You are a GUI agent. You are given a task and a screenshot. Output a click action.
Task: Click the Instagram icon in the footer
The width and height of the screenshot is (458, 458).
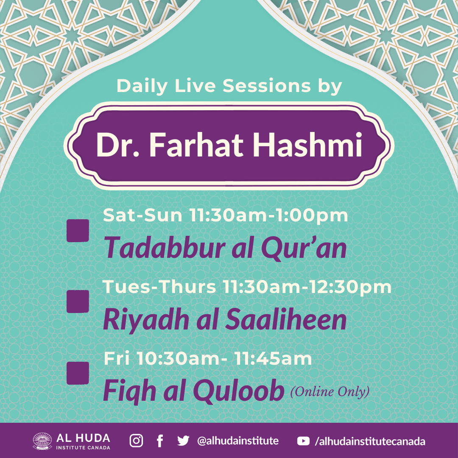point(136,441)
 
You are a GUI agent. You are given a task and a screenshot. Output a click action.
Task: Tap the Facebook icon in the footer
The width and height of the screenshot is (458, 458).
point(160,441)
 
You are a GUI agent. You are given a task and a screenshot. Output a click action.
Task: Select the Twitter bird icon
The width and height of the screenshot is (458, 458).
point(183,441)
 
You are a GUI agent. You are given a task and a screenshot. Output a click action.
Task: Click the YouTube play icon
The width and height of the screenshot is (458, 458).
point(303,441)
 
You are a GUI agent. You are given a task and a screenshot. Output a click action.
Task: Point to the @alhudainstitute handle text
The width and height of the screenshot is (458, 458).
point(238,441)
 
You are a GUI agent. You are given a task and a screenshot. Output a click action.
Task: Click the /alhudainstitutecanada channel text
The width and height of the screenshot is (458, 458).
point(370,441)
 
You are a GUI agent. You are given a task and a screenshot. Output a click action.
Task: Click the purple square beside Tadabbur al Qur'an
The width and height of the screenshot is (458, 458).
point(78,230)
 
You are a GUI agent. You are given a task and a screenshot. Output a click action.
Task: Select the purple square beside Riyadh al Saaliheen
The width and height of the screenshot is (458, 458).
point(78,302)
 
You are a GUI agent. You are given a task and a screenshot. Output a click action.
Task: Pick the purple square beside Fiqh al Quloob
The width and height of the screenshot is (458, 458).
point(78,373)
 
